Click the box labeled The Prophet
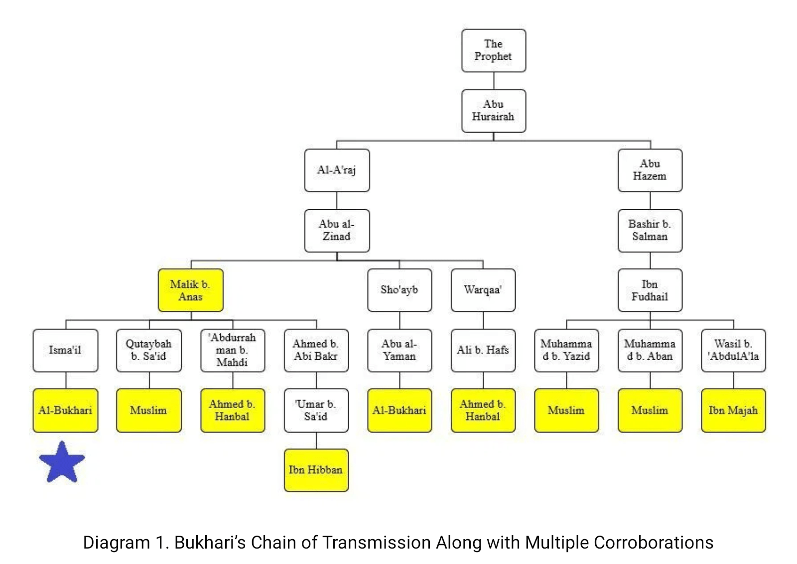click(493, 50)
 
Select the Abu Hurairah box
click(493, 111)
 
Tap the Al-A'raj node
click(337, 170)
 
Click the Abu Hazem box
click(650, 170)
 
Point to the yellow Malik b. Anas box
click(190, 290)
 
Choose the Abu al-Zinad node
click(337, 230)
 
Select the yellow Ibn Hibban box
click(316, 470)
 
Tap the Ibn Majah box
click(733, 410)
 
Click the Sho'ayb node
click(399, 290)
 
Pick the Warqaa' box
click(483, 290)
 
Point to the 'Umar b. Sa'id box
click(316, 410)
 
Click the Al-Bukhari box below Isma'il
click(65, 410)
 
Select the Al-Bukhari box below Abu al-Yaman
click(399, 410)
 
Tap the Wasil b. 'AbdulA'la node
click(733, 350)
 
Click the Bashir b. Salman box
click(650, 230)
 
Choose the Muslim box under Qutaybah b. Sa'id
click(148, 410)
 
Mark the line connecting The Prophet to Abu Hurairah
click(494, 81)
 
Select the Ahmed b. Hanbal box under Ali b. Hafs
click(483, 410)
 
